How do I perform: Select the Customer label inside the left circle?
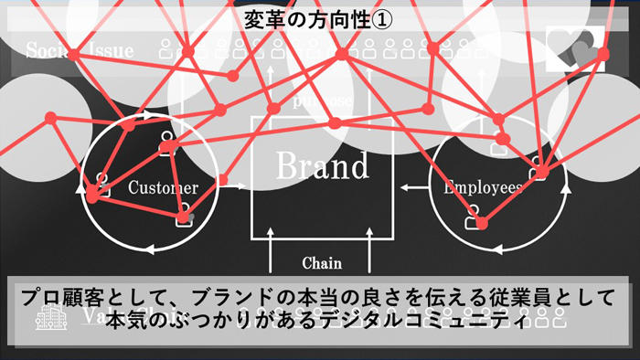pyautogui.click(x=163, y=188)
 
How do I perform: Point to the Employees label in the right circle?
pyautogui.click(x=483, y=187)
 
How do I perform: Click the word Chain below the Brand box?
pyautogui.click(x=322, y=263)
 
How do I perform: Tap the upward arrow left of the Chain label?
pyautogui.click(x=272, y=249)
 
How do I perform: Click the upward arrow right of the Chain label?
pyautogui.click(x=369, y=249)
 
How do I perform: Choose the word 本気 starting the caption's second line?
pyautogui.click(x=129, y=323)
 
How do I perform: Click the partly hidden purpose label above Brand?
pyautogui.click(x=322, y=100)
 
